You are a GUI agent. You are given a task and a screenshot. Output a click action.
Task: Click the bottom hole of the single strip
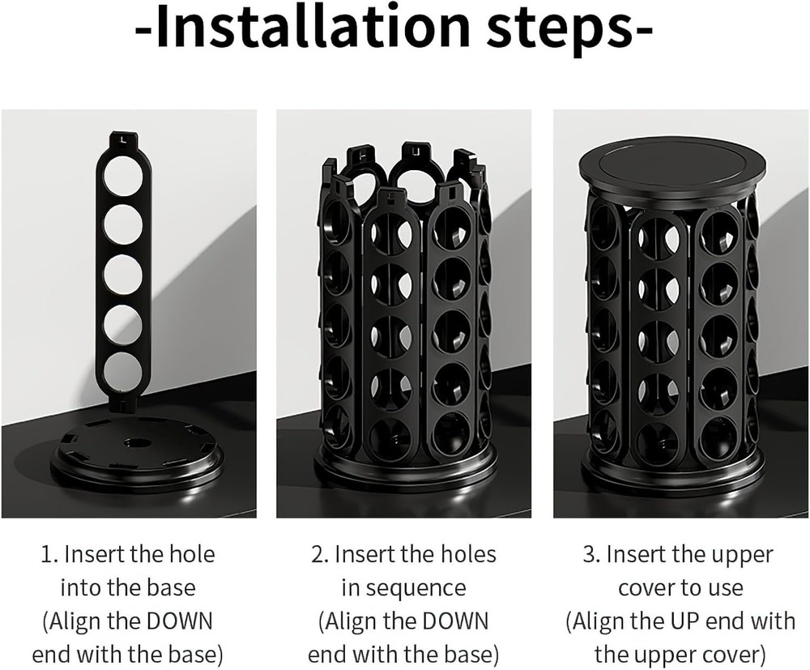click(123, 371)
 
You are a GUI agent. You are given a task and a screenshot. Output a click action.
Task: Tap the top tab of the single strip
click(122, 139)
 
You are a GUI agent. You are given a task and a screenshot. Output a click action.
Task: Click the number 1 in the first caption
click(47, 555)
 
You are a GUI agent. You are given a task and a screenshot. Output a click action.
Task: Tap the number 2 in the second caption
click(318, 555)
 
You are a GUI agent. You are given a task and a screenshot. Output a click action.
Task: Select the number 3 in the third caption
click(590, 555)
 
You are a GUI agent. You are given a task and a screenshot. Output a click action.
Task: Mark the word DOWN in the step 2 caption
click(454, 621)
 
